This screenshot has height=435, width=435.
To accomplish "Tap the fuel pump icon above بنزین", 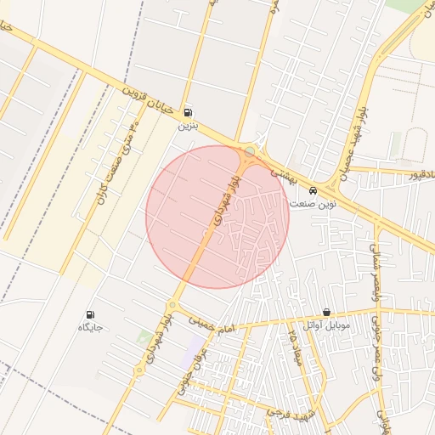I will (x=187, y=111).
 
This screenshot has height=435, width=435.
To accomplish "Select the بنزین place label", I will (x=187, y=125).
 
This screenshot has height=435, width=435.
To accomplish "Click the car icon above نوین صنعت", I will (x=314, y=190).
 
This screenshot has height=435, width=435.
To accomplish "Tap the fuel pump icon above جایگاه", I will (x=91, y=314).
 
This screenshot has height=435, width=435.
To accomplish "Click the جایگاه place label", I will (x=90, y=328).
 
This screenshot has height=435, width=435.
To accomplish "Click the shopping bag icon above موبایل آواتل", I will (x=327, y=313).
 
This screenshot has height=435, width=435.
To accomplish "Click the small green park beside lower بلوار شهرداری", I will (x=144, y=338).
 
